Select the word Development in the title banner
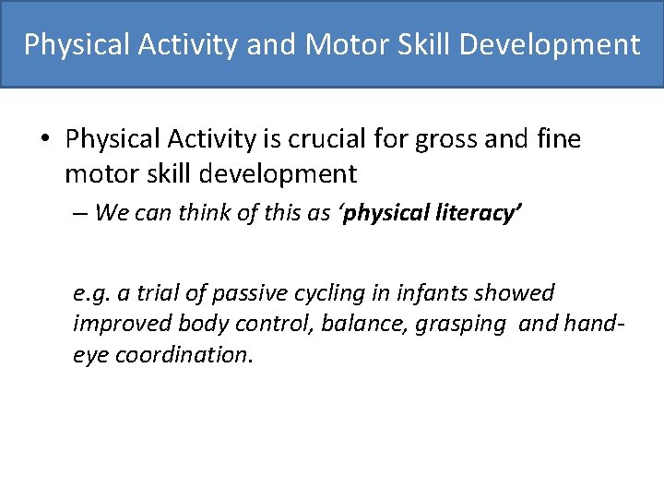tap(556, 44)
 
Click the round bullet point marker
tap(45, 139)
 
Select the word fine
tap(558, 139)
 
